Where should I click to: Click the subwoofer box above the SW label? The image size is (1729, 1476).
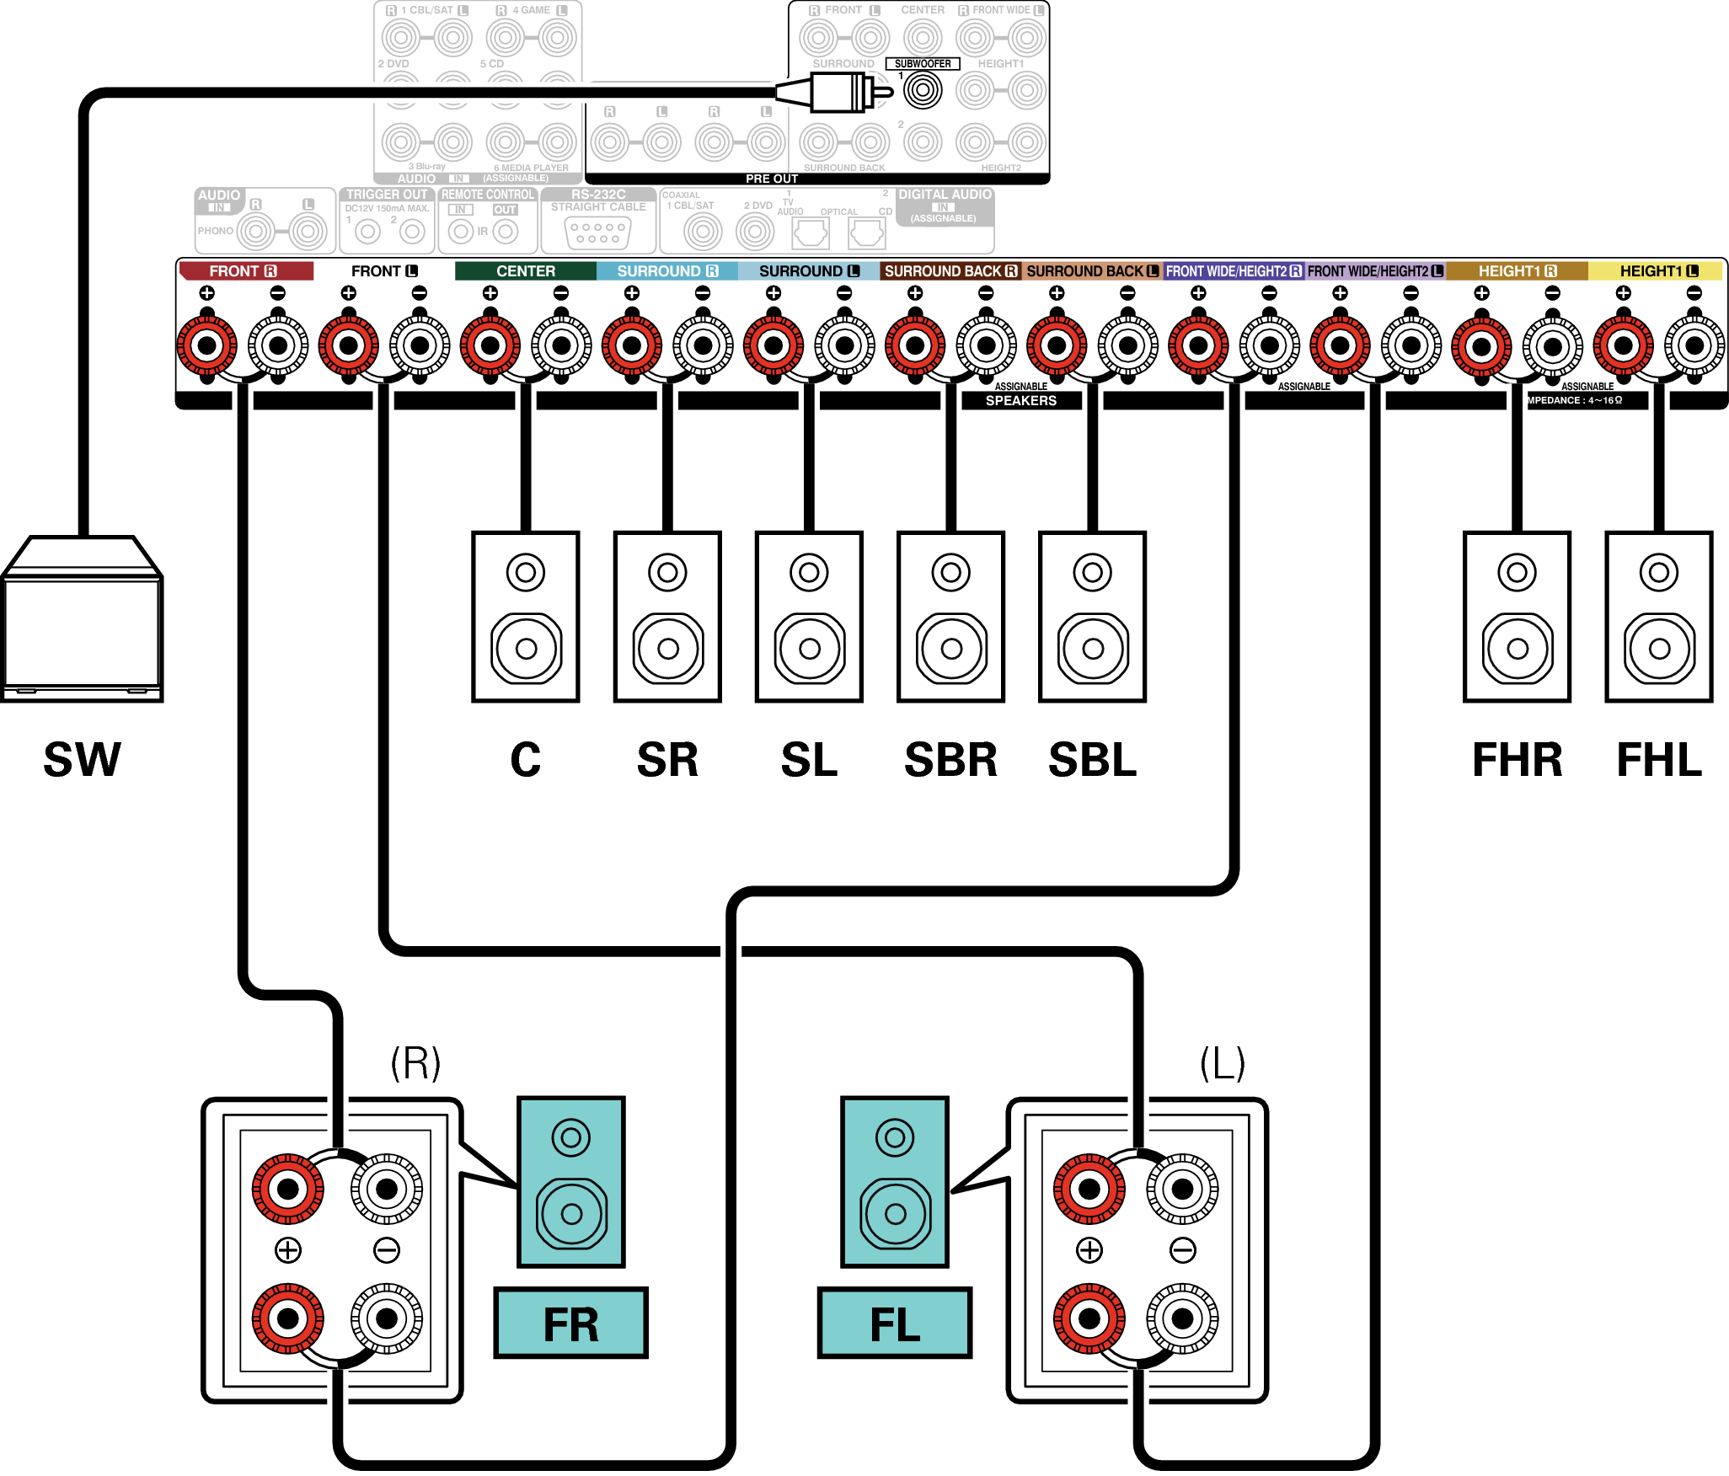[82, 619]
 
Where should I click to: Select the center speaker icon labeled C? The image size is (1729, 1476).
[526, 617]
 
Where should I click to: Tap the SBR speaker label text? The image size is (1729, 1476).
[950, 760]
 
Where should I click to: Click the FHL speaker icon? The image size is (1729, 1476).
[1659, 617]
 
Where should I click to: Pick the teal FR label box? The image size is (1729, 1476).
[570, 1323]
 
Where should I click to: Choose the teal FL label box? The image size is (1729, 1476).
[895, 1323]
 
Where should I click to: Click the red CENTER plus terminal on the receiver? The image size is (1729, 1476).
[490, 345]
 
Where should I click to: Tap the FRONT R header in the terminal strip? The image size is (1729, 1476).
[244, 271]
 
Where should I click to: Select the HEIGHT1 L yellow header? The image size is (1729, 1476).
[1657, 271]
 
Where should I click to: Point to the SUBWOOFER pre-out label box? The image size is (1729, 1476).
[923, 64]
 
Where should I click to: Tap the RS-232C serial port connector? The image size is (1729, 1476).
[598, 233]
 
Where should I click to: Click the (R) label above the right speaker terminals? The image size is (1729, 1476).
[415, 1063]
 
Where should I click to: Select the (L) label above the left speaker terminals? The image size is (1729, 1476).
[1223, 1063]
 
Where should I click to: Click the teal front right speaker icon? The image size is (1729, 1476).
[571, 1181]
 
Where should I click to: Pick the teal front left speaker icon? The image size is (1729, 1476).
[895, 1181]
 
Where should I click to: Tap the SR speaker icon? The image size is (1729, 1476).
[667, 617]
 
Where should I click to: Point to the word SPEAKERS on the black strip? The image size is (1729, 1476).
[1021, 401]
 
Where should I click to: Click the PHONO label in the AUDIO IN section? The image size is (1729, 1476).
[215, 231]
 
